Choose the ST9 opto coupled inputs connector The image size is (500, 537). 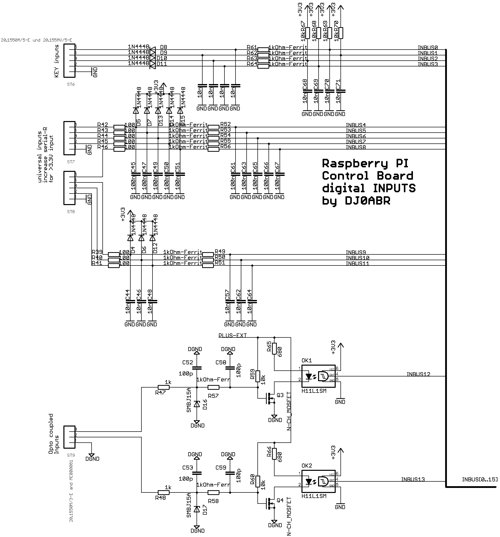(x=69, y=437)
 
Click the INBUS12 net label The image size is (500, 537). (x=418, y=374)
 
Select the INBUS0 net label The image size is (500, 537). (x=427, y=48)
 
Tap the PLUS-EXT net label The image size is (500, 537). (x=232, y=335)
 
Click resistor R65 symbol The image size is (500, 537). (x=274, y=349)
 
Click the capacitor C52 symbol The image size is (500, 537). (x=197, y=368)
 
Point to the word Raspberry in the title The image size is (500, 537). (x=355, y=164)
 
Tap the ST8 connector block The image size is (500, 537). (x=69, y=188)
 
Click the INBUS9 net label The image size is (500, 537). (x=356, y=252)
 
